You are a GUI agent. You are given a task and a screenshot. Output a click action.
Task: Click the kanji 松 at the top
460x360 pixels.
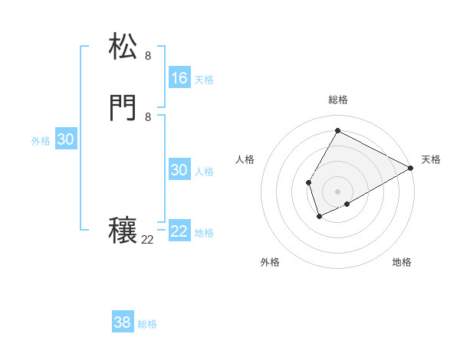coord(123,47)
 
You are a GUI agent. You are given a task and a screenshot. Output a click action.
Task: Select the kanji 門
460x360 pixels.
coord(123,109)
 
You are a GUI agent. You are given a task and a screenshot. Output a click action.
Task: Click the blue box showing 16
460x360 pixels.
coord(179,77)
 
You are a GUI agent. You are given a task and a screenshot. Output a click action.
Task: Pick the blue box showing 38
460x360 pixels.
coord(123,322)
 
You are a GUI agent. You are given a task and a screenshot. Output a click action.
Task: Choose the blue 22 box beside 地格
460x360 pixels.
coord(179,231)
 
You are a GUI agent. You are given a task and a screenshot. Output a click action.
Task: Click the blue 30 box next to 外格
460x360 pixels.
coord(66,139)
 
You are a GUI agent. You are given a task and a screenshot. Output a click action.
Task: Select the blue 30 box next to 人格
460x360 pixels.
coord(179,170)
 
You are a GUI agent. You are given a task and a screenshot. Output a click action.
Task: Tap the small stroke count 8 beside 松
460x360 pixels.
coord(148,56)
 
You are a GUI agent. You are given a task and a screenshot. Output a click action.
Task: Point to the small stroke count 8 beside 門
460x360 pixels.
coord(148,117)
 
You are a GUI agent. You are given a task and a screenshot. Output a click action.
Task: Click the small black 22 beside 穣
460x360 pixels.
coord(147,240)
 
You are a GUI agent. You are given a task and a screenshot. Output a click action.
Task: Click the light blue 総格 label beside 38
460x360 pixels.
coord(147,324)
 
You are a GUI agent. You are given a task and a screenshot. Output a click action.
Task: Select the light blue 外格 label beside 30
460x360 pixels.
coord(41,141)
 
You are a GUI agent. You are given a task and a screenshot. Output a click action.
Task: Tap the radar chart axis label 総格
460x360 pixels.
coord(337,100)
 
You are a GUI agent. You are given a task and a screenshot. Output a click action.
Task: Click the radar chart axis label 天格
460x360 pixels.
coord(431,159)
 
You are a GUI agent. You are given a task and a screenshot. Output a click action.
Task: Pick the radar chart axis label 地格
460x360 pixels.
coord(402,262)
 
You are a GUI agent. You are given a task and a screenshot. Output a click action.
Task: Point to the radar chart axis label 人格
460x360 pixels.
coord(245,159)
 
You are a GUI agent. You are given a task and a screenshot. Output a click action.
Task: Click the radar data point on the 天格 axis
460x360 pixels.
coord(411,169)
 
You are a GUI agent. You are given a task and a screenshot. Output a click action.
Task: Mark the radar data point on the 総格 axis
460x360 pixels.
coord(337,130)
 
